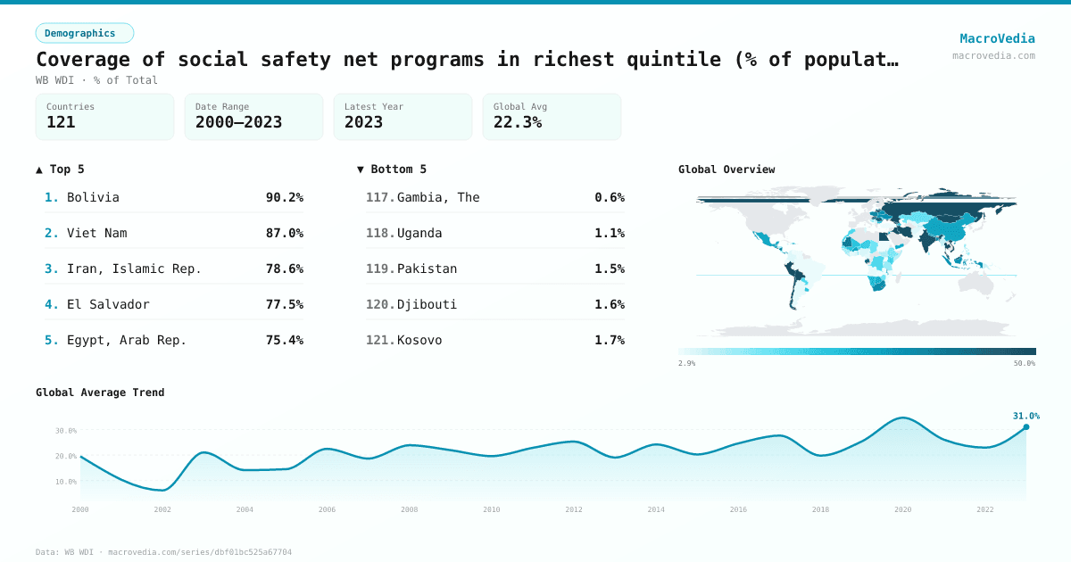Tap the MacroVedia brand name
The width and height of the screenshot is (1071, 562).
pyautogui.click(x=997, y=38)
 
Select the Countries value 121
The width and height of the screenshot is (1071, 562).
pyautogui.click(x=61, y=122)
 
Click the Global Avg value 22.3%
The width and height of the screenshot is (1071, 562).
pyautogui.click(x=518, y=122)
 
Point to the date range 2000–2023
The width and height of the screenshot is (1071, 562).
pyautogui.click(x=238, y=122)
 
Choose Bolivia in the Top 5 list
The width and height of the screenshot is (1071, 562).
pyautogui.click(x=93, y=197)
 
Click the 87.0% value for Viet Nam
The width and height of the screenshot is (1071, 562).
pyautogui.click(x=284, y=233)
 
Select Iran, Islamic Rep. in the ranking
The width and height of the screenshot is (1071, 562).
pyautogui.click(x=134, y=269)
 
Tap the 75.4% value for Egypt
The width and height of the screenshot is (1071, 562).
pyautogui.click(x=284, y=340)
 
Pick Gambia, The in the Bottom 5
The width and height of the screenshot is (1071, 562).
pyautogui.click(x=438, y=197)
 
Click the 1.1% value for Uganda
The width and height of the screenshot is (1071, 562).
pyautogui.click(x=610, y=233)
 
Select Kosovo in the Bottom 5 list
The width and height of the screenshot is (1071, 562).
pyautogui.click(x=419, y=340)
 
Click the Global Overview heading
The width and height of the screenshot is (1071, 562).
pyautogui.click(x=726, y=169)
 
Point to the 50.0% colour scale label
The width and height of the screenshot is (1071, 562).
pyautogui.click(x=1025, y=363)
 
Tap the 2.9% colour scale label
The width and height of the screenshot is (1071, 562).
pyautogui.click(x=686, y=363)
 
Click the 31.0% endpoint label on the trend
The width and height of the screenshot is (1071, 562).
pyautogui.click(x=1025, y=416)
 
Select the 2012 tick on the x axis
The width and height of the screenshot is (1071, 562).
pyautogui.click(x=574, y=509)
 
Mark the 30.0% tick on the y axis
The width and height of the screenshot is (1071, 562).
pyautogui.click(x=66, y=430)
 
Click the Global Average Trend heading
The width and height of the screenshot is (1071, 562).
pyautogui.click(x=100, y=393)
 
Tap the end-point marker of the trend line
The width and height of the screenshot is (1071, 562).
pyautogui.click(x=1025, y=427)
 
